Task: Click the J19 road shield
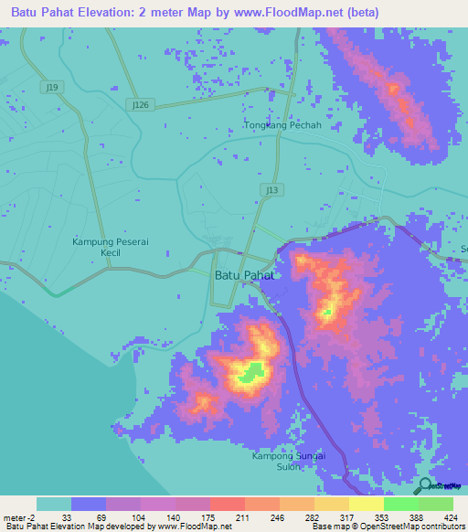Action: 53,87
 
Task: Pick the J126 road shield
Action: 140,105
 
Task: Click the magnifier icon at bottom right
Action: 424,486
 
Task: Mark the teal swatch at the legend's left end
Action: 53,504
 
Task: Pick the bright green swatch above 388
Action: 401,504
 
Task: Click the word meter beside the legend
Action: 13,516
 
